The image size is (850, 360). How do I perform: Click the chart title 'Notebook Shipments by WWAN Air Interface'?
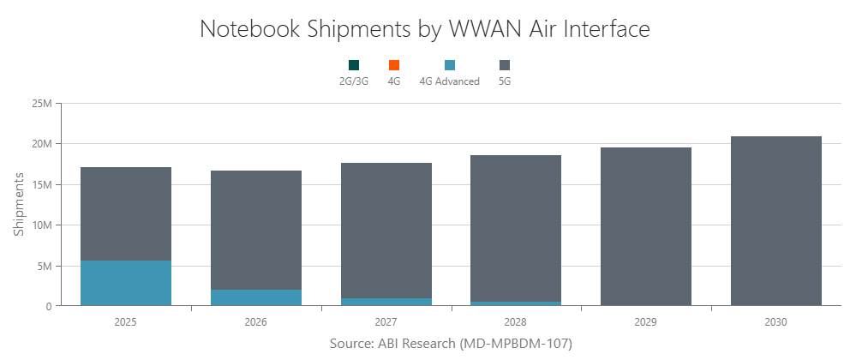pyautogui.click(x=425, y=28)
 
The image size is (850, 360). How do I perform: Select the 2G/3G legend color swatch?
pyautogui.click(x=354, y=65)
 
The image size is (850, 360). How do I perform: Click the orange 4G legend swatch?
pyautogui.click(x=394, y=65)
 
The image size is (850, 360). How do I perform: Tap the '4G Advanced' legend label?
pyautogui.click(x=449, y=81)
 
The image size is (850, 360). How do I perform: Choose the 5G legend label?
pyautogui.click(x=505, y=81)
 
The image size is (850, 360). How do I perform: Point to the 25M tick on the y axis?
pyautogui.click(x=42, y=104)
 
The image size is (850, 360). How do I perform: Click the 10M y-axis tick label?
pyautogui.click(x=42, y=225)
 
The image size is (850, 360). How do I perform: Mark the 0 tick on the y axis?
pyautogui.click(x=49, y=306)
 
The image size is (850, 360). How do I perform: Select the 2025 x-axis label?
pyautogui.click(x=125, y=322)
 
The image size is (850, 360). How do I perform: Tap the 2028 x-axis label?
pyautogui.click(x=516, y=322)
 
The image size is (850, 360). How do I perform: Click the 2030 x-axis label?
pyautogui.click(x=776, y=322)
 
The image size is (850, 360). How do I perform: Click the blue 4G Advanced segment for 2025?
pyautogui.click(x=125, y=283)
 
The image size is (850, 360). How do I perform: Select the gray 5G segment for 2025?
pyautogui.click(x=125, y=214)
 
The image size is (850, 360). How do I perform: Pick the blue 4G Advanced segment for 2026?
pyautogui.click(x=255, y=297)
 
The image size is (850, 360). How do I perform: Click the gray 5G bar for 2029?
pyautogui.click(x=646, y=227)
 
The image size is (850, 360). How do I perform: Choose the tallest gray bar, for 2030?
pyautogui.click(x=776, y=221)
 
